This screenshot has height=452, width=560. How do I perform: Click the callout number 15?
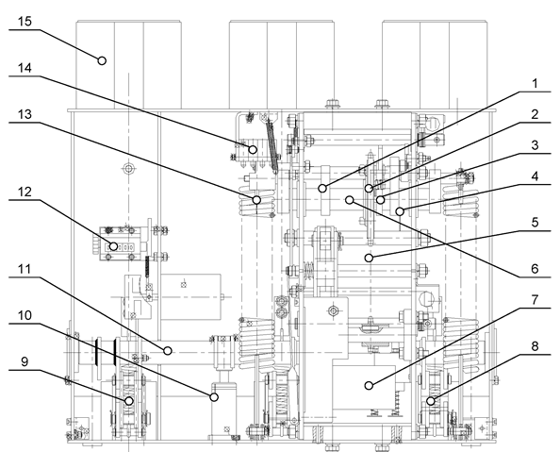pos(25,22)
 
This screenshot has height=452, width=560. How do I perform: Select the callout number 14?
pos(25,68)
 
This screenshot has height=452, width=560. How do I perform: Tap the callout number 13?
pos(25,114)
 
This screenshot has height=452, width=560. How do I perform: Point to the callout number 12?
pos(25,192)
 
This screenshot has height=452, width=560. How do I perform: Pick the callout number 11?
pos(25,269)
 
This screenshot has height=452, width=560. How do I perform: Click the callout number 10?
pos(25,315)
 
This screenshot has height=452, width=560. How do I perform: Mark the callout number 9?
pos(25,361)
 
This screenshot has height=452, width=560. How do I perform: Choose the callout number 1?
pos(535,84)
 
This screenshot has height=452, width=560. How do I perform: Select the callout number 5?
pos(535,223)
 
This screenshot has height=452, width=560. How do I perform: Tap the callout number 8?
pos(535,346)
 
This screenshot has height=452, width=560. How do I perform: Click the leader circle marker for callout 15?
pos(102,60)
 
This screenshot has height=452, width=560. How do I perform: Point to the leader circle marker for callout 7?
pos(369,386)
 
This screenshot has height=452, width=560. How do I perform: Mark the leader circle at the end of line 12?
pos(113,246)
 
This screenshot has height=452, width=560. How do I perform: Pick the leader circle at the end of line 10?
pos(214,396)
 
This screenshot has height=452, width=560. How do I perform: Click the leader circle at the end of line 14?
pos(253,149)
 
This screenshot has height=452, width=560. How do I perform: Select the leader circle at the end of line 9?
pos(129,401)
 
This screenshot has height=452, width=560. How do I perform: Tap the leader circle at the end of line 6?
pos(350,200)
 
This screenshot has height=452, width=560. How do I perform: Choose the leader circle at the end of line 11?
pos(168,351)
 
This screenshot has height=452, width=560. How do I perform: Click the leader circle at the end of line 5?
pos(369,258)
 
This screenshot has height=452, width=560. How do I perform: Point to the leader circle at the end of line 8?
pos(431,401)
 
